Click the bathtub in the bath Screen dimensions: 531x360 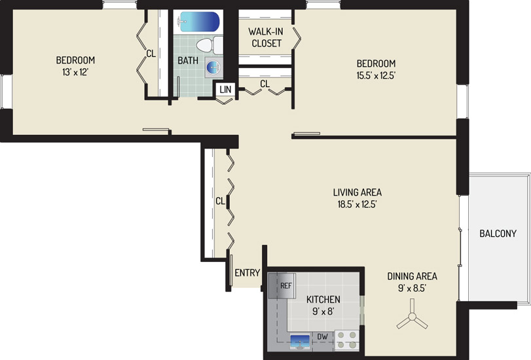198,22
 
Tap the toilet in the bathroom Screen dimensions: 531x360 210,45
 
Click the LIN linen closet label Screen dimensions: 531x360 225,90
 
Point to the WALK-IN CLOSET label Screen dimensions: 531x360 266,37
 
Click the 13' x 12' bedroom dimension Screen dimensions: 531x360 75,72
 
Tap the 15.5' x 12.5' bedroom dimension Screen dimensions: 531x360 376,75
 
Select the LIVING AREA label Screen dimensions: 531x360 357,192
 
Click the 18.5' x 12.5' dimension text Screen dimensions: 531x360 357,204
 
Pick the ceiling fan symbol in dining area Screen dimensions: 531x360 412,316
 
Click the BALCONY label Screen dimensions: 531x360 498,233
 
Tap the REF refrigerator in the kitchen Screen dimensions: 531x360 282,286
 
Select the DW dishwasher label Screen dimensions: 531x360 322,336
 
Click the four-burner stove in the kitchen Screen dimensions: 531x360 347,340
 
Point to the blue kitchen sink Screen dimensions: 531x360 300,340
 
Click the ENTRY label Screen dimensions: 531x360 247,273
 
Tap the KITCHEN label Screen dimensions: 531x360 323,299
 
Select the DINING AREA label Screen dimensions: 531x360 412,276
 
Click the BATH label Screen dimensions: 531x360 188,61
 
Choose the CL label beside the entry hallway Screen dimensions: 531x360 220,201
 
